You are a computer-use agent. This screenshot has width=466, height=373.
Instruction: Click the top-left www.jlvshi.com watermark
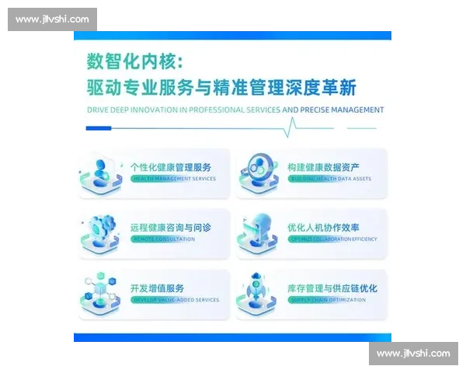pyautogui.click(x=52, y=19)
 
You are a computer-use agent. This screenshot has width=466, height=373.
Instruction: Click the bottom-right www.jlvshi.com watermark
pyautogui.click(x=413, y=354)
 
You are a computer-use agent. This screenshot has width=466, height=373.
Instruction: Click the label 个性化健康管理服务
pyautogui.click(x=171, y=166)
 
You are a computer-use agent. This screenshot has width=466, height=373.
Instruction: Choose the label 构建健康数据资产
pyautogui.click(x=324, y=166)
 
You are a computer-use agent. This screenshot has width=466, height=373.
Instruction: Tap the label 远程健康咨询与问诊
pyautogui.click(x=171, y=227)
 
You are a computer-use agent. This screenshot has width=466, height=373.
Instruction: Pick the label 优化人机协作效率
pyautogui.click(x=324, y=227)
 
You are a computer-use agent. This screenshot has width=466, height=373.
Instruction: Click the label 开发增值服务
pyautogui.click(x=157, y=288)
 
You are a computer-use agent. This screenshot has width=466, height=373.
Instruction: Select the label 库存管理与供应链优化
pyautogui.click(x=332, y=288)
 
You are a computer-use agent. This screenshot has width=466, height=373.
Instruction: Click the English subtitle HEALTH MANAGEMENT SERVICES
pyautogui.click(x=172, y=179)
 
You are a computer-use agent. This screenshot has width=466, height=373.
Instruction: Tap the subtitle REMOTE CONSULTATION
pyautogui.click(x=163, y=239)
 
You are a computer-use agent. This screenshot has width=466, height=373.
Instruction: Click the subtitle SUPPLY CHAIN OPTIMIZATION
pyautogui.click(x=328, y=300)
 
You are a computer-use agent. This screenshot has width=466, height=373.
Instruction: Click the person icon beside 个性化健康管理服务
pyautogui.click(x=103, y=173)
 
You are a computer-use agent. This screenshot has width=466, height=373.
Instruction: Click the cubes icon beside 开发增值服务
pyautogui.click(x=103, y=292)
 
